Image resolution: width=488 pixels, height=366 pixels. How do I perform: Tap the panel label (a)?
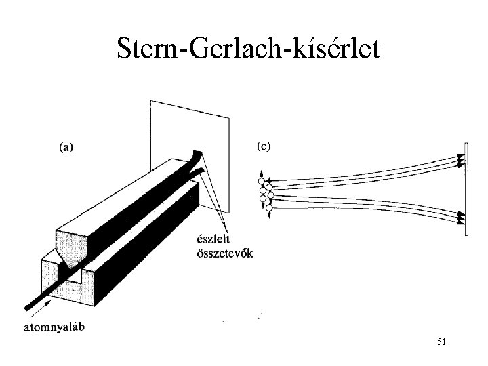[x=66, y=144]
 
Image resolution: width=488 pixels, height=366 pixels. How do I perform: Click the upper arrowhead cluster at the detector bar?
[x=461, y=159]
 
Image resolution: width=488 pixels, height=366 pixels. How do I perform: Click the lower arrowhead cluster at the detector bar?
[x=461, y=218]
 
